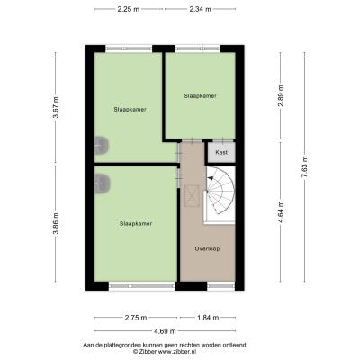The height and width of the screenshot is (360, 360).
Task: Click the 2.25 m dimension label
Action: coord(129,9)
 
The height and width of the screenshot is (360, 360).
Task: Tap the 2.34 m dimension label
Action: coord(200,9)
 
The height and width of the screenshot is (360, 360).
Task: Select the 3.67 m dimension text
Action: coord(56,107)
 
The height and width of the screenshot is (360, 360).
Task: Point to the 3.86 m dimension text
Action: coord(56,223)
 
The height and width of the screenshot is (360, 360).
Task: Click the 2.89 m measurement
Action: coord(281,95)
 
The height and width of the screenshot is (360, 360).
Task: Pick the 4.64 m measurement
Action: coord(281,212)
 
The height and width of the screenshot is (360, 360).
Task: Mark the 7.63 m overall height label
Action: coord(304,167)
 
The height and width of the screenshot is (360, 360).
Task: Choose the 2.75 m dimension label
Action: coord(136,318)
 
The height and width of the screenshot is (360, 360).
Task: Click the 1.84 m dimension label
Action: coord(208,318)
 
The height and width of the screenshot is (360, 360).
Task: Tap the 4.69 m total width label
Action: coord(165,331)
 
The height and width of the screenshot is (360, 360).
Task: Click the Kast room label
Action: coord(221,152)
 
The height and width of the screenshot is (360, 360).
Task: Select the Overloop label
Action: coord(207,248)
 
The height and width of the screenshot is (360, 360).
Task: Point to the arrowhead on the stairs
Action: coord(211,178)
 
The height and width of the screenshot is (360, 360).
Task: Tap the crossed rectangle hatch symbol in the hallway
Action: coord(192,195)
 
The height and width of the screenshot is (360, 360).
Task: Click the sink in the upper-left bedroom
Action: coord(102,146)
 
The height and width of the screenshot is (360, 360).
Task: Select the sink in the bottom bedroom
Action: coord(103,184)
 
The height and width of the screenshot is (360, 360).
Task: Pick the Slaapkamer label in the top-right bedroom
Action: coord(200,96)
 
